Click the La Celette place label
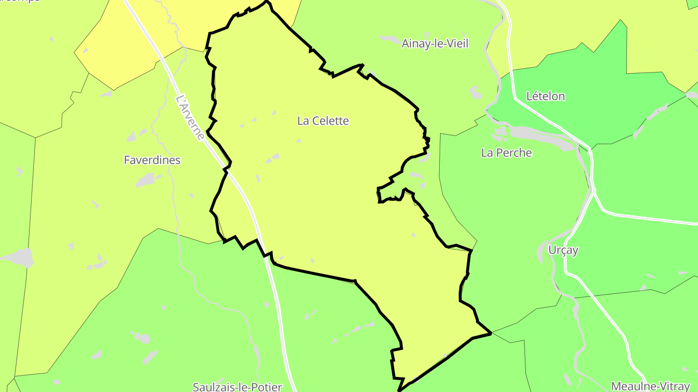coord(323,121)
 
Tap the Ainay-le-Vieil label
coord(435,44)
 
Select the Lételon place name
coord(545,96)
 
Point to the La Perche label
coord(506,153)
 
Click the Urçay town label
coord(563,250)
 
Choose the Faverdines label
coord(152,160)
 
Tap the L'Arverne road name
coord(190,118)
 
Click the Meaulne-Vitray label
coord(650,386)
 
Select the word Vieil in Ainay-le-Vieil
coord(456,44)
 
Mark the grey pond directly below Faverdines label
coord(145,181)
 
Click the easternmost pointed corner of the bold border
coord(491,333)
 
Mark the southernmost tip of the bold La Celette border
coord(398,390)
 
